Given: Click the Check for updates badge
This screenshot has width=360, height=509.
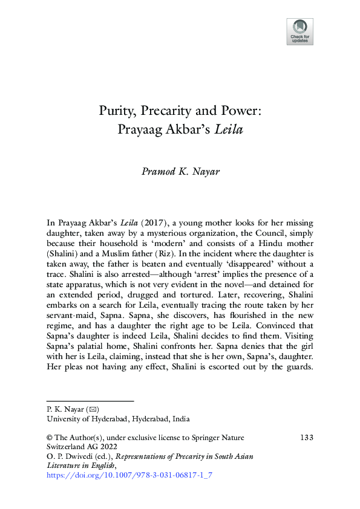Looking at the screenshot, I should point(300,31).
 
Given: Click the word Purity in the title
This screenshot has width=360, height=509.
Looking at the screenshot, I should point(117,112).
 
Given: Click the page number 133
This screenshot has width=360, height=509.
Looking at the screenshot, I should point(306,437).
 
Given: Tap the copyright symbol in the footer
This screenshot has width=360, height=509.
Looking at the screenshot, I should point(50,437).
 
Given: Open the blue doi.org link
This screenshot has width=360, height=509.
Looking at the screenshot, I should point(129,476).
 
